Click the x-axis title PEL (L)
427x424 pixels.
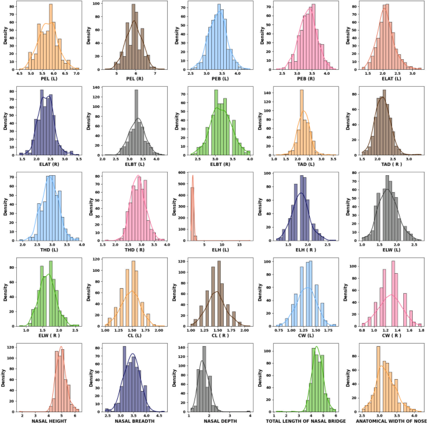(47, 80)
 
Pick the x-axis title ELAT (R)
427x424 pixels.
(47, 165)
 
